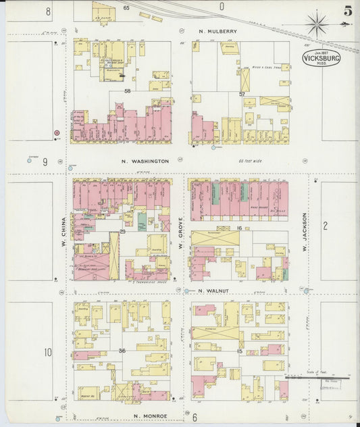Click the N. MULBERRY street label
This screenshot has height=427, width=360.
click(x=217, y=31)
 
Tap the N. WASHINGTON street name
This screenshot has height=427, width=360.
click(x=145, y=161)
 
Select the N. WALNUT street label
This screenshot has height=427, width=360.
click(x=211, y=291)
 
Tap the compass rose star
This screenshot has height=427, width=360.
click(x=315, y=26)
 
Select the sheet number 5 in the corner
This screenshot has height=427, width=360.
click(x=347, y=11)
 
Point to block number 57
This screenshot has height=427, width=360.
click(x=241, y=94)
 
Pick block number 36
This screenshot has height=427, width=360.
click(x=122, y=351)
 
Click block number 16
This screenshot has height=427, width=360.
click(x=239, y=228)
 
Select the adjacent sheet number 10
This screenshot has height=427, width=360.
click(x=47, y=352)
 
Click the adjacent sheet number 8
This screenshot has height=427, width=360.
click(x=48, y=11)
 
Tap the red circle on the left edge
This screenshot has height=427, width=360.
click(x=57, y=132)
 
